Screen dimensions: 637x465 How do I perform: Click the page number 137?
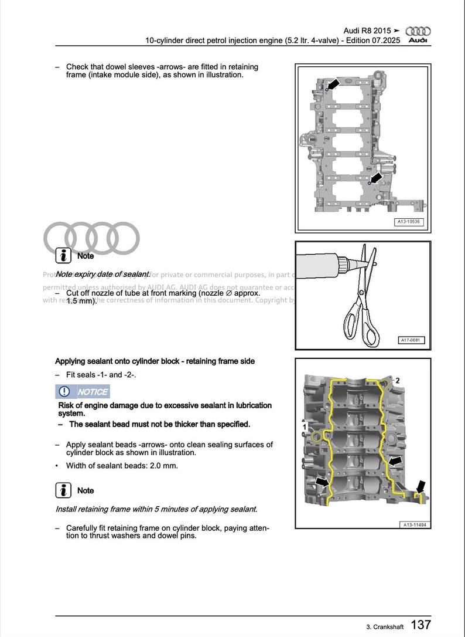pos(420,625)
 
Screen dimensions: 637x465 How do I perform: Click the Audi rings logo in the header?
pos(418,31)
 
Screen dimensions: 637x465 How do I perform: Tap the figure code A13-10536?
pos(409,222)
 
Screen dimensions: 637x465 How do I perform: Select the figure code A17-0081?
pos(411,340)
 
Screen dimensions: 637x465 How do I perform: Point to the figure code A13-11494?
pos(415,524)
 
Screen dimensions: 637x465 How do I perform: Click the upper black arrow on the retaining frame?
pos(333,85)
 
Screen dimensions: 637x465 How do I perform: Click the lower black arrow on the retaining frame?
pos(376,177)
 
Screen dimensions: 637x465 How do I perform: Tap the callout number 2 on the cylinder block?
pos(398,381)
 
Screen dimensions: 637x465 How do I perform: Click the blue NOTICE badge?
pos(83,392)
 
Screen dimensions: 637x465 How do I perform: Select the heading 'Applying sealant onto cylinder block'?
pos(155,361)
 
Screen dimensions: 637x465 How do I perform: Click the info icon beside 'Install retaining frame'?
pos(63,490)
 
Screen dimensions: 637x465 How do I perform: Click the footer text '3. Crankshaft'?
pos(385,627)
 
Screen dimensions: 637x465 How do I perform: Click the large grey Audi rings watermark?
pos(92,238)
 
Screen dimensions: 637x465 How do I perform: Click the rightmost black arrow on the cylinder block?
pos(420,486)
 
